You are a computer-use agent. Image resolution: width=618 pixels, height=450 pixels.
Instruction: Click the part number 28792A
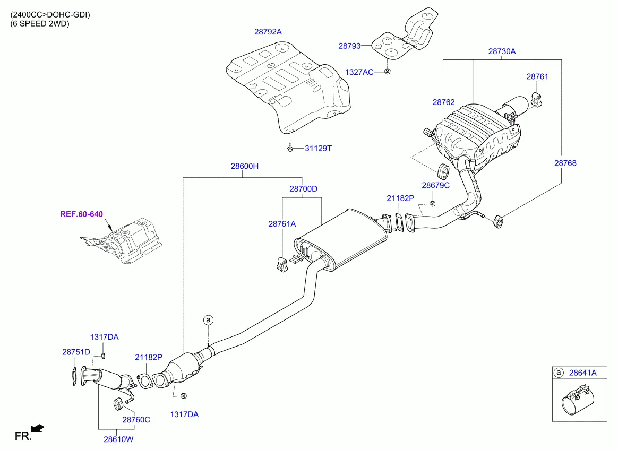click(x=268, y=32)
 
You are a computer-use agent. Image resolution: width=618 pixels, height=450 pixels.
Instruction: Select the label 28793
click(x=349, y=46)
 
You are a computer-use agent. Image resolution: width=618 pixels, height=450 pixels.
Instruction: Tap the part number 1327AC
click(x=359, y=72)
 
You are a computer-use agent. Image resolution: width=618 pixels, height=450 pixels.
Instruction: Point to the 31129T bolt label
click(x=317, y=149)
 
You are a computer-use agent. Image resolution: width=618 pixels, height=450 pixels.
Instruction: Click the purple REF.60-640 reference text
click(x=81, y=214)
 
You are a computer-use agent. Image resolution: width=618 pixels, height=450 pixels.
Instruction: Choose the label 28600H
click(x=244, y=166)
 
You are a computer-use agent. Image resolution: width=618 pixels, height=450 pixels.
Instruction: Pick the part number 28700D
click(x=303, y=188)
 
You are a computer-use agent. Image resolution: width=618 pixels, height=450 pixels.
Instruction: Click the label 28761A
click(x=282, y=224)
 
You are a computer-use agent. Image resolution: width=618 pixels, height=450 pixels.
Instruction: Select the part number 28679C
click(x=435, y=185)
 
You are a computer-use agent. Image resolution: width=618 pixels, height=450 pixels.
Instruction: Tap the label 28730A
click(x=502, y=51)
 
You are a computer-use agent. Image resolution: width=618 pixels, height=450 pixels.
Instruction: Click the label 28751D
click(x=76, y=351)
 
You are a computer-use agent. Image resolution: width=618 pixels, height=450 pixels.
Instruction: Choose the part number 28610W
click(x=118, y=439)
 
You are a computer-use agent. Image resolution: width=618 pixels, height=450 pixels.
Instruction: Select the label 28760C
click(x=136, y=419)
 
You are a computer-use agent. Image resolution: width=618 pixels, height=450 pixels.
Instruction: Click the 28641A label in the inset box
click(x=583, y=373)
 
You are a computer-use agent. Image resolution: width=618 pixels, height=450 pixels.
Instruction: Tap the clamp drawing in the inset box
click(x=578, y=403)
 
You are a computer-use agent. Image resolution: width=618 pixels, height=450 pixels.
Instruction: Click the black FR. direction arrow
click(x=38, y=428)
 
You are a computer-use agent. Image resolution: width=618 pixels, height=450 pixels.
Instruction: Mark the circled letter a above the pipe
click(x=209, y=319)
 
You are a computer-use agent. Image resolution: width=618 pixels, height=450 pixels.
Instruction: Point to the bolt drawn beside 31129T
click(x=290, y=148)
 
